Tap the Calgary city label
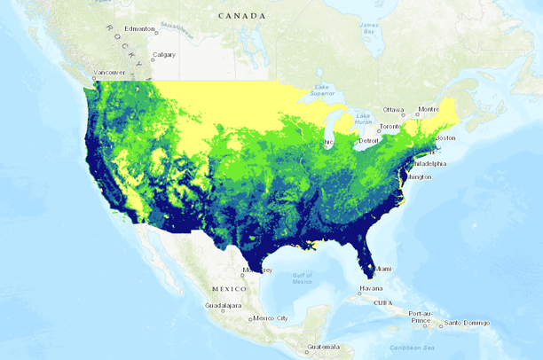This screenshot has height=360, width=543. [x=164, y=55]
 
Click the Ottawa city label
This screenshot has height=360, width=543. [x=393, y=110]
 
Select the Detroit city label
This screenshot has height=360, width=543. [x=368, y=140]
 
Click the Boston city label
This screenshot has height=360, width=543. [x=445, y=137]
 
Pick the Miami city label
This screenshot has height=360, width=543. [x=382, y=269]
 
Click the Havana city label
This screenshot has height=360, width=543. [x=371, y=289]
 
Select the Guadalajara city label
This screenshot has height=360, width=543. [x=222, y=305]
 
